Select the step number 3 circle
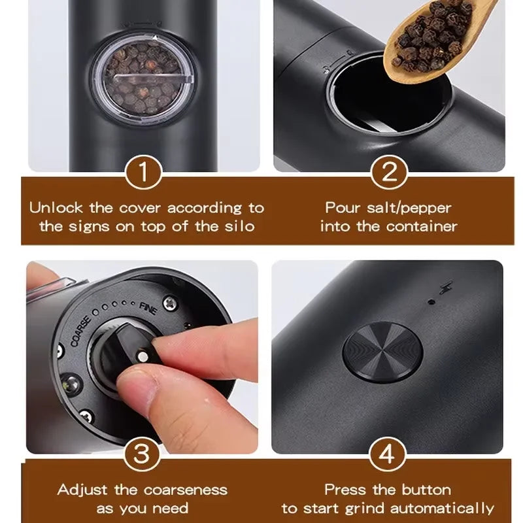point(141,453)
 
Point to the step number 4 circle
point(390,453)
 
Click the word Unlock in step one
point(56,209)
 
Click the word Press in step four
point(345,490)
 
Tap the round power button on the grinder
point(382,350)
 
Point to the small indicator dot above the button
point(431,302)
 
